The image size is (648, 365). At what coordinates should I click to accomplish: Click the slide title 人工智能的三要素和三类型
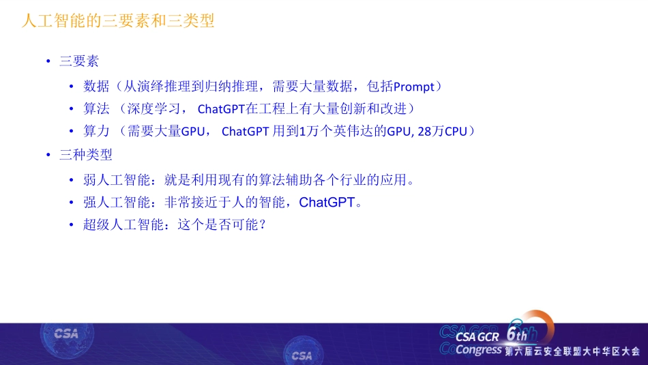(x=118, y=21)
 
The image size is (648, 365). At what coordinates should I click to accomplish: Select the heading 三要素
(x=79, y=61)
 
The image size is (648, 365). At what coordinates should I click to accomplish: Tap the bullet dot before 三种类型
(x=48, y=155)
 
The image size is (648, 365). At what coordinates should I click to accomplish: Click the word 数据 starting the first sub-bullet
(x=96, y=87)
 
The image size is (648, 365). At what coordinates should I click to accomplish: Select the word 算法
(x=96, y=108)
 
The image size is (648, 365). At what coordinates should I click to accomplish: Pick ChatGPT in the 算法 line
(x=221, y=109)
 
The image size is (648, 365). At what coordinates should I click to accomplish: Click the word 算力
(x=96, y=131)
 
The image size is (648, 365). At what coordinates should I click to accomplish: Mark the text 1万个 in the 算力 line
(x=316, y=131)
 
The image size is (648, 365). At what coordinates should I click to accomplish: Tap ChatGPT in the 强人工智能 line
(x=327, y=203)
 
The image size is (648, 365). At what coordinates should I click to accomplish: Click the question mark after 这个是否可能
(x=262, y=224)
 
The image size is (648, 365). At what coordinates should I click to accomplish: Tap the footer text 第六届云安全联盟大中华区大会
(x=572, y=351)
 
